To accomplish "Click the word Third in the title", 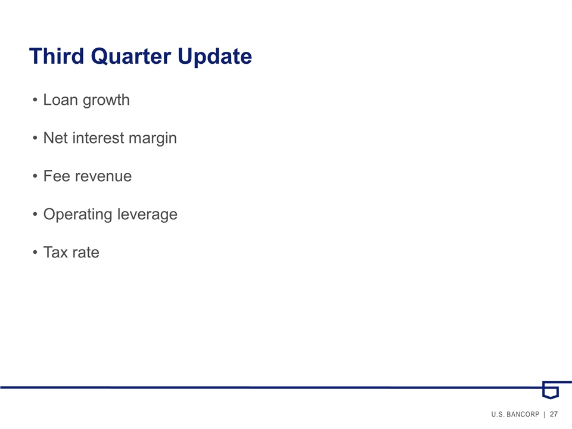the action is tap(57, 56).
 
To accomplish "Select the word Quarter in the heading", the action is tap(131, 57).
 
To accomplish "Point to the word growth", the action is tap(106, 100).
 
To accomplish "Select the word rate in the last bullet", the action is tap(86, 253).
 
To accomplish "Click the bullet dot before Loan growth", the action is tap(35, 100).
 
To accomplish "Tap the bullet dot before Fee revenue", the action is tap(35, 176).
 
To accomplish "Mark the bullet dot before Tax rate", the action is tap(35, 253).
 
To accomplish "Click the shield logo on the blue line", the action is tap(551, 390).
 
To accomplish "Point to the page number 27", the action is tap(554, 414).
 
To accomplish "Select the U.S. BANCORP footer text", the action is tap(515, 415).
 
